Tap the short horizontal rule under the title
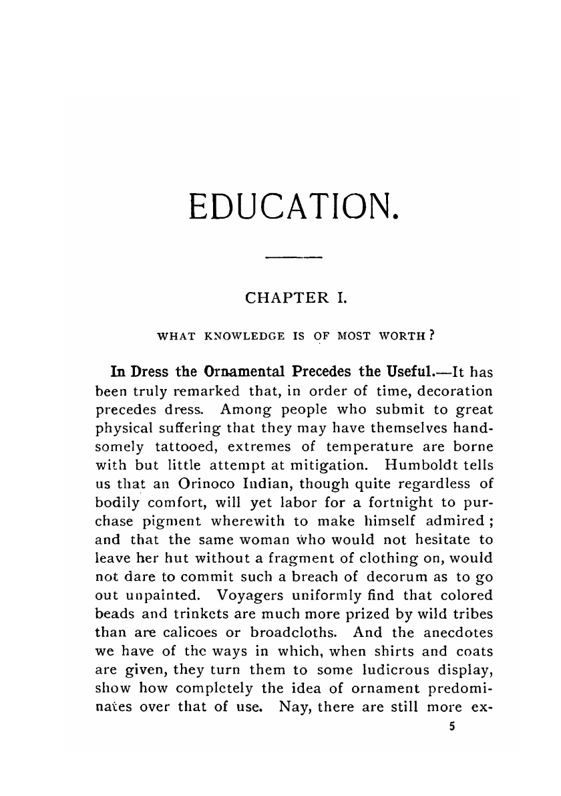click(294, 257)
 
